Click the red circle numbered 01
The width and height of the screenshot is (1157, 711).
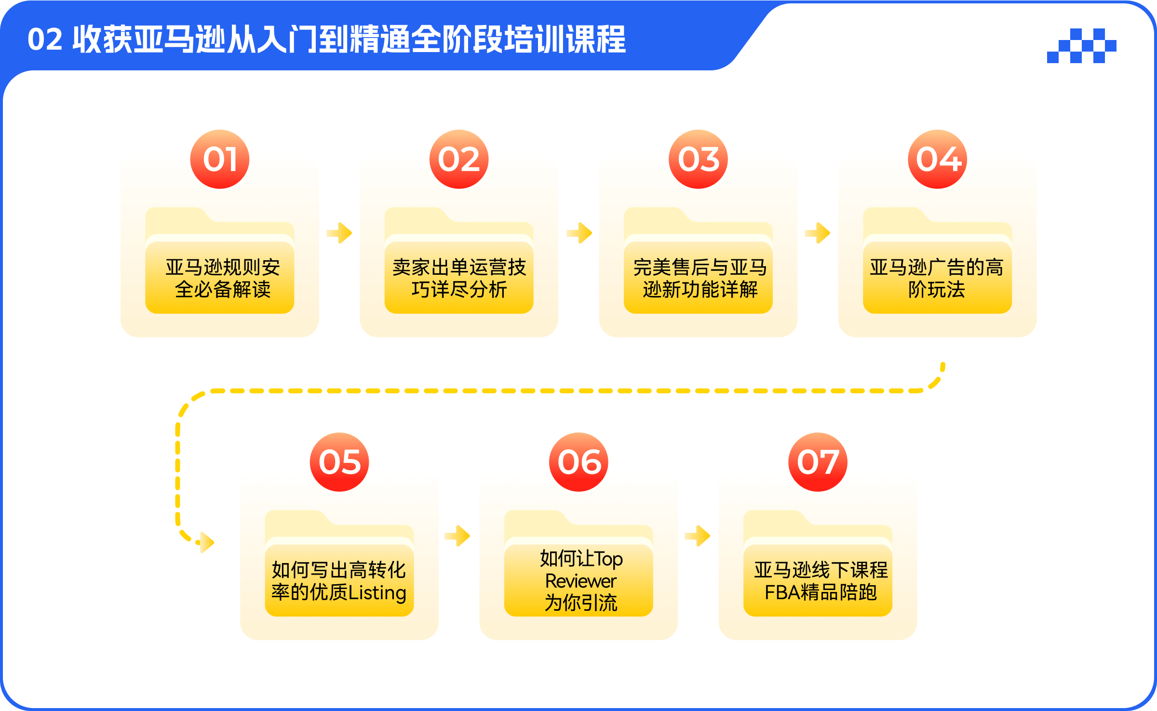click(220, 159)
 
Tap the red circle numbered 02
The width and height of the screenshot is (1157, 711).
click(459, 159)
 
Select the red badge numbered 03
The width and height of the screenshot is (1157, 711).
click(698, 159)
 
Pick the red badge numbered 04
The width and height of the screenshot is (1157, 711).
click(938, 159)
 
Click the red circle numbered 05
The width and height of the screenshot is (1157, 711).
click(339, 462)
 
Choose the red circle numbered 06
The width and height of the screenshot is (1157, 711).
click(578, 462)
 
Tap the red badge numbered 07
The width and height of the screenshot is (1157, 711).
click(818, 462)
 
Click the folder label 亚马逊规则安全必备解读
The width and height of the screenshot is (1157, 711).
click(223, 279)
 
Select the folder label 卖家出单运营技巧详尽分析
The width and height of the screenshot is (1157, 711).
click(459, 279)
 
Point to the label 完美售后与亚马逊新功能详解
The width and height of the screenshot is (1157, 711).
click(700, 279)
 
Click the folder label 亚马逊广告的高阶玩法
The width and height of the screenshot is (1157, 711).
click(937, 279)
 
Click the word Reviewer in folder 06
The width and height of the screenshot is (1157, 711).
click(581, 581)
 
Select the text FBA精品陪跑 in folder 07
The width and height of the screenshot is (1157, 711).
click(821, 592)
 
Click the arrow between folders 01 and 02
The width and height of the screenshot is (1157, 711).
click(339, 233)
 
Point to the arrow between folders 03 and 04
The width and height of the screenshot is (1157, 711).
click(818, 233)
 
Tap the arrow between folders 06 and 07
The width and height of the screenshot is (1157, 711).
click(698, 536)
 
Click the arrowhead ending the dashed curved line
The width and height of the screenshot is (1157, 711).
click(207, 542)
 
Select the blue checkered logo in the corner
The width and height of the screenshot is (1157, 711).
click(1082, 46)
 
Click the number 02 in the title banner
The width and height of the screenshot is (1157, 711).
click(45, 40)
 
